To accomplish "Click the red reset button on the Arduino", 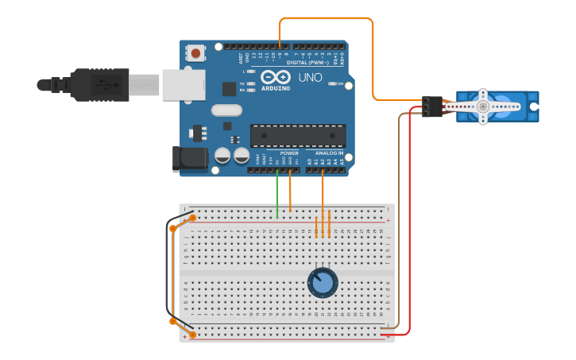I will tap(195, 54).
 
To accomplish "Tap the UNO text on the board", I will tap(310, 77).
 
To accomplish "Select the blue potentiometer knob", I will tap(323, 282).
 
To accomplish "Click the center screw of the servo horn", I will tap(482, 106).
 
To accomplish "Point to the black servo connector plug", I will tap(432, 106).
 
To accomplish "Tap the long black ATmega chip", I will tap(298, 135).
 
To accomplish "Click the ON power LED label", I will tap(341, 83).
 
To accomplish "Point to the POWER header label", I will tap(289, 153).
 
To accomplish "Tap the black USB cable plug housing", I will tap(100, 84).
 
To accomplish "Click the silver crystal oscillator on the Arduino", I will tap(226, 110).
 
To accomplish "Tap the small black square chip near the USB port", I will tap(229, 88).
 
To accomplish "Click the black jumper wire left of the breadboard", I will tap(168, 274).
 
